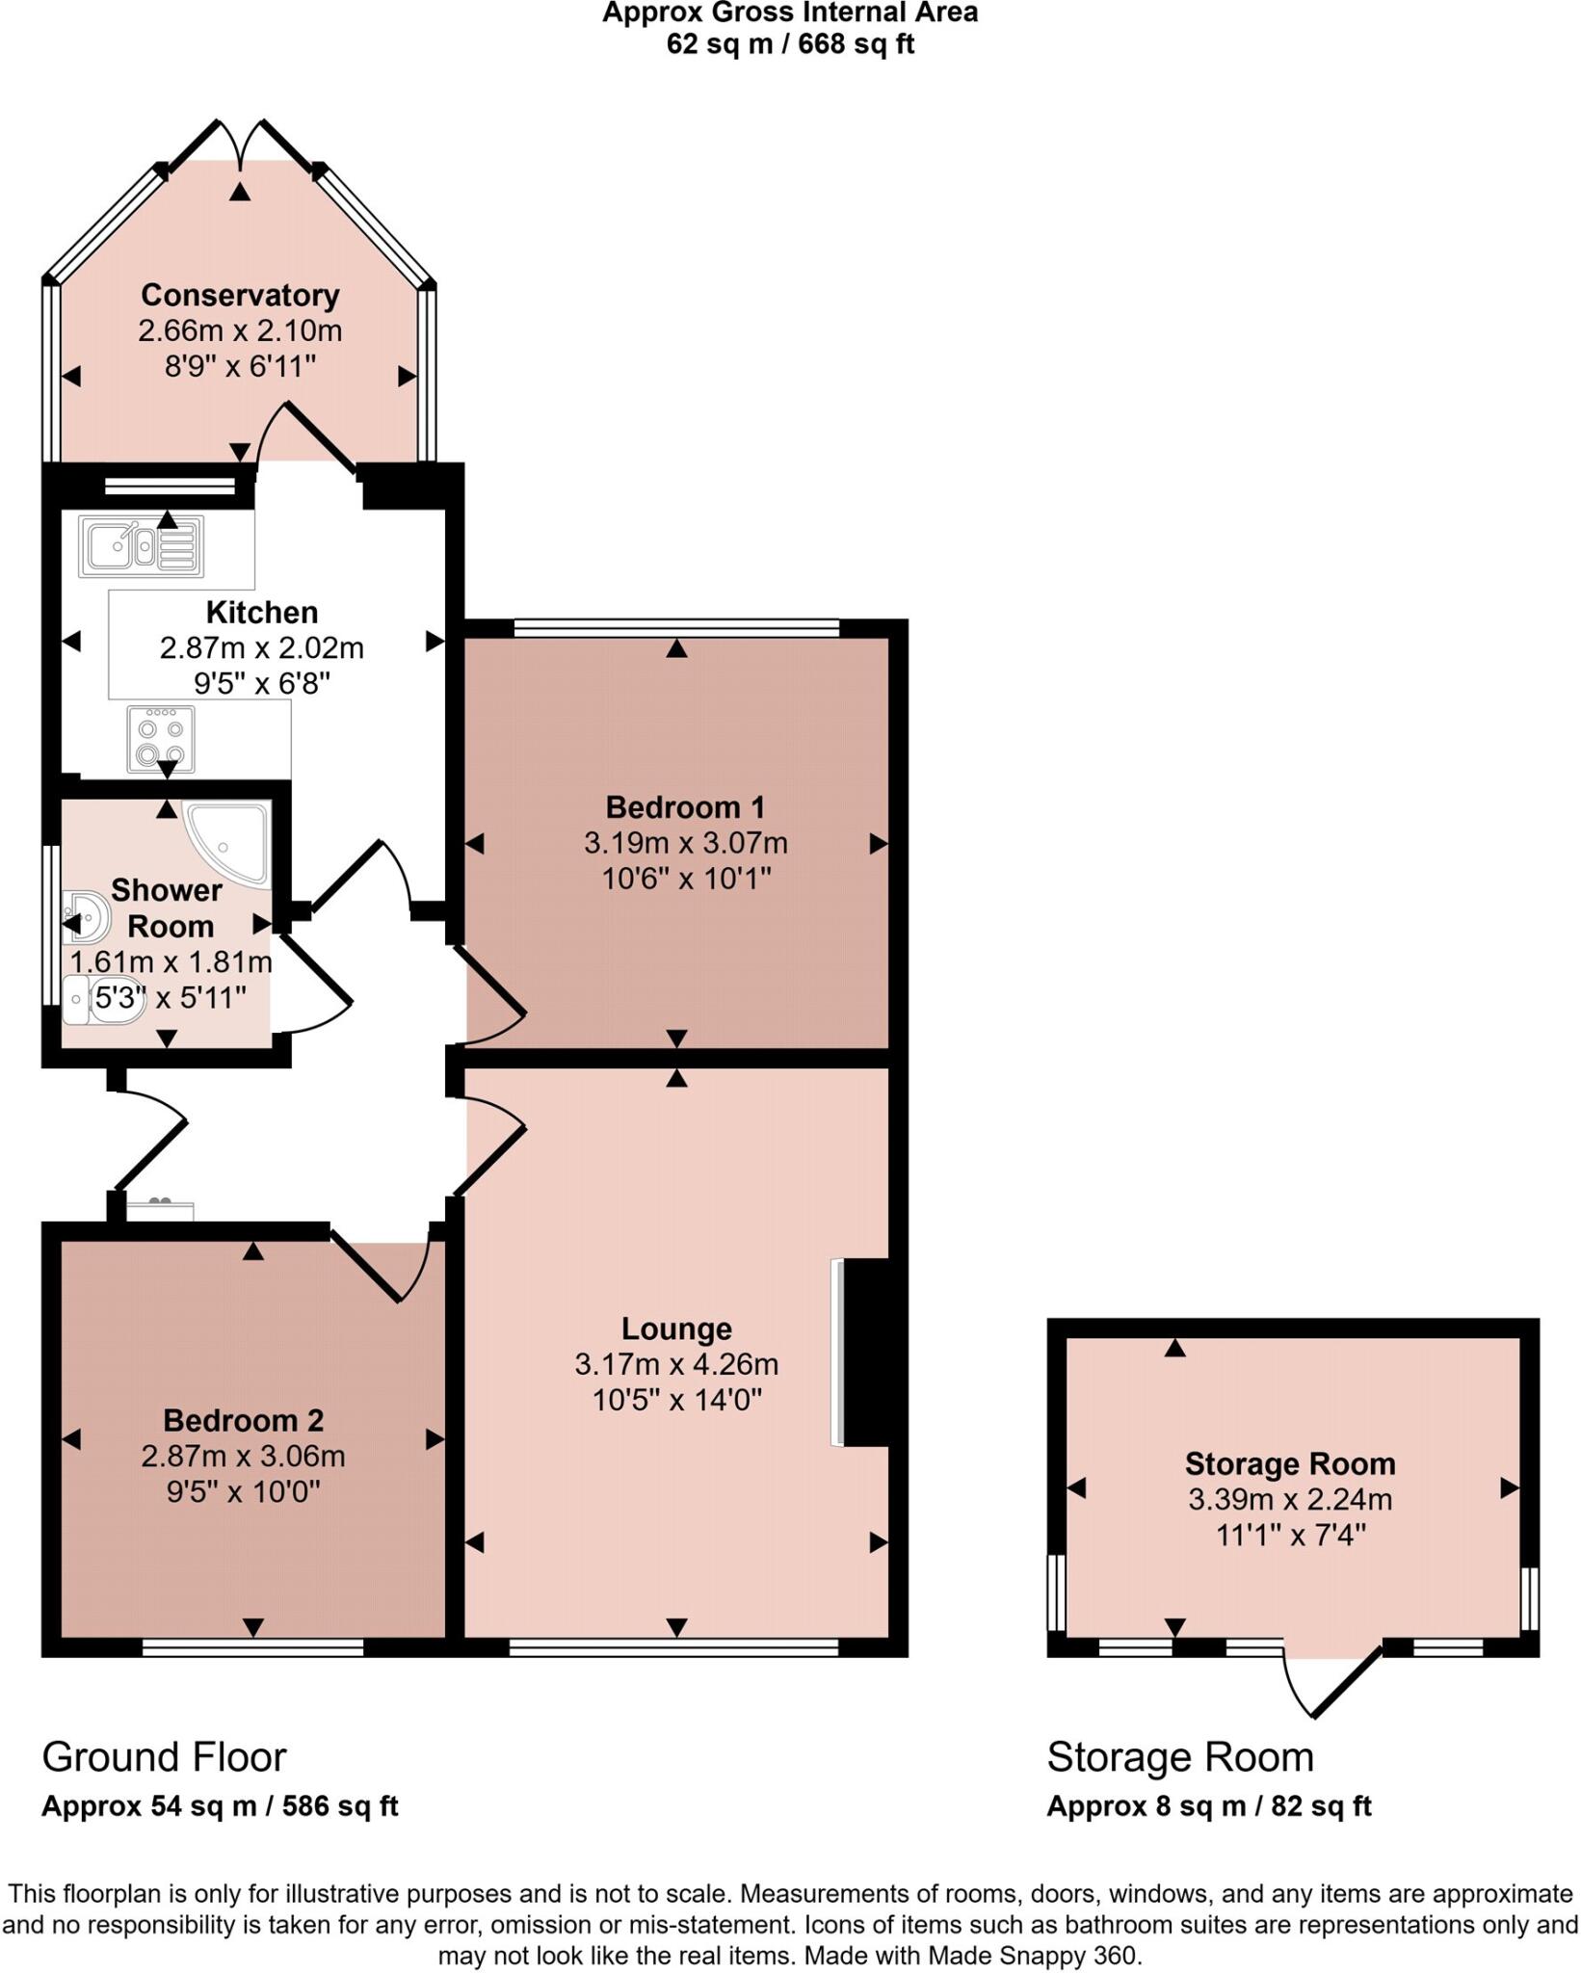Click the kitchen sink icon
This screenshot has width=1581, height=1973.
(x=142, y=546)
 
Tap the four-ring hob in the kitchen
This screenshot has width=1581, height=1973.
(x=161, y=740)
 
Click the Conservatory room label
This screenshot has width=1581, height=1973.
(x=240, y=295)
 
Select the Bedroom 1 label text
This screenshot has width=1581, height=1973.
(x=685, y=806)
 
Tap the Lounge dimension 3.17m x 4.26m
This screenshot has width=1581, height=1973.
(x=676, y=1364)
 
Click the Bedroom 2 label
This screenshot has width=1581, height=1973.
(x=243, y=1420)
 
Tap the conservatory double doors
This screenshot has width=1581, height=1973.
(x=241, y=145)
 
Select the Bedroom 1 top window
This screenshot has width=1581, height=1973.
(x=676, y=628)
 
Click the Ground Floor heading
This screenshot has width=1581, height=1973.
(x=164, y=1757)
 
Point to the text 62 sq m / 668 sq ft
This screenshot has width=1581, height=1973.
(x=790, y=44)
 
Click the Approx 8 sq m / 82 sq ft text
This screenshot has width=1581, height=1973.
(x=1208, y=1806)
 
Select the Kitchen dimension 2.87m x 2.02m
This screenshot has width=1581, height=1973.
(x=261, y=647)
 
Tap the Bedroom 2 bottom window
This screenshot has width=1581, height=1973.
(x=252, y=1648)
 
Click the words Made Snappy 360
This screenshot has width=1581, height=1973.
(x=1034, y=1957)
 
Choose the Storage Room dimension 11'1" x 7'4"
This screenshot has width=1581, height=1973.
(x=1290, y=1535)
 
